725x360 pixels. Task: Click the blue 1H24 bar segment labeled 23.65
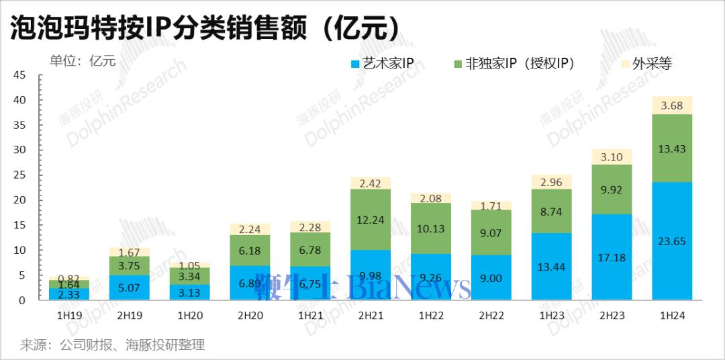tap(672, 240)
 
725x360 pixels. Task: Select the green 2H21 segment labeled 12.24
tap(370, 220)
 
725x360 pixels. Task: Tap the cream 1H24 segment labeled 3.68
tap(672, 105)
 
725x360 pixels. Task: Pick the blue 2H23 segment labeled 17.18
tap(612, 257)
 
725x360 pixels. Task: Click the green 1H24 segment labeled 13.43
tap(672, 148)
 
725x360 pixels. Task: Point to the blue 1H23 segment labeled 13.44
tap(551, 266)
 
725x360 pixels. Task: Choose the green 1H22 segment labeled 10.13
tap(430, 228)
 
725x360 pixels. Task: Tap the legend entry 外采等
tap(646, 64)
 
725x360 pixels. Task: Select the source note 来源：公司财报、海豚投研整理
tap(112, 345)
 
